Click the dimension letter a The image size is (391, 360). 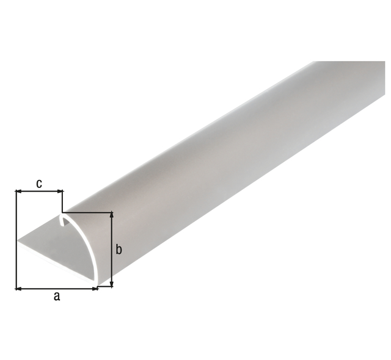tap(57, 297)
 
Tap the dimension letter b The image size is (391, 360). tap(120, 249)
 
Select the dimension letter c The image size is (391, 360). tap(39, 183)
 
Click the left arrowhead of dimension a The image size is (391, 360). tap(19, 287)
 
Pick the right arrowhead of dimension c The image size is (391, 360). tap(59, 192)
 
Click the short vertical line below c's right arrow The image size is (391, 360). tap(63, 201)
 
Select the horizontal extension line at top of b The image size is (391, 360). tap(92, 212)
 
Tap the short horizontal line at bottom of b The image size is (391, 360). tap(105, 286)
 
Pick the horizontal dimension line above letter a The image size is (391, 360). tap(57, 287)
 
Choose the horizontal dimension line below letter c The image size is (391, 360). tap(39, 192)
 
